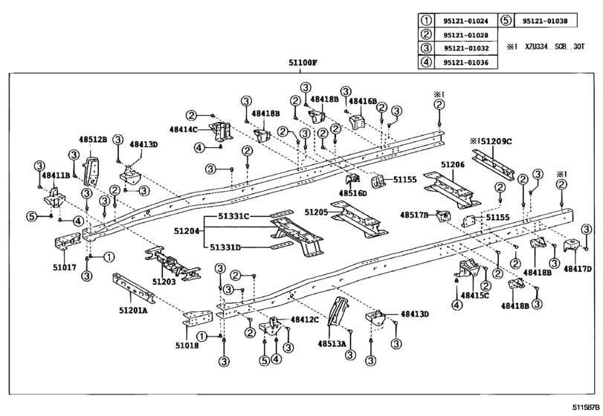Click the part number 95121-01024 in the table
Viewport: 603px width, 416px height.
coord(465,21)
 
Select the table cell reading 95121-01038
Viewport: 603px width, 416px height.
coord(545,21)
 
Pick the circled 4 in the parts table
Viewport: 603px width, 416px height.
coord(426,62)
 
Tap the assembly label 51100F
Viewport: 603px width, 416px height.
coord(303,62)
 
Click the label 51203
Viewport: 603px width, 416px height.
coord(164,282)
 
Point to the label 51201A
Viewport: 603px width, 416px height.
coord(133,309)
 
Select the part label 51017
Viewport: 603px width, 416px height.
coord(65,267)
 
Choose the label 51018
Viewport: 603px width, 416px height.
coord(187,345)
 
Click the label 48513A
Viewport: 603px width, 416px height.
coord(332,344)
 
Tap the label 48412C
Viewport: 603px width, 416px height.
coord(305,319)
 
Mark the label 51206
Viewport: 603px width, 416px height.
coord(453,165)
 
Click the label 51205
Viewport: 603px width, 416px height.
coord(316,212)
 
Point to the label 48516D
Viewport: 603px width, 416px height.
coord(352,193)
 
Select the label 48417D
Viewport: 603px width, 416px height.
coord(578,269)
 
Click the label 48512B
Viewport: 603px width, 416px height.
coord(93,140)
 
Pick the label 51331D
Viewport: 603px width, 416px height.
coord(225,247)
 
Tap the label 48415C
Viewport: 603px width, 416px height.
coord(474,296)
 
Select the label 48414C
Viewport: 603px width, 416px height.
coord(184,129)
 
